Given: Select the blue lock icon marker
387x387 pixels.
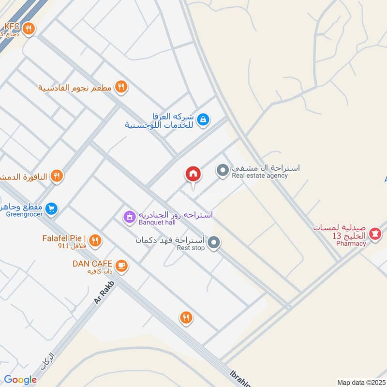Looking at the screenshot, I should coord(203,119).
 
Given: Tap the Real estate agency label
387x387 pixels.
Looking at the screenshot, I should coord(260,176).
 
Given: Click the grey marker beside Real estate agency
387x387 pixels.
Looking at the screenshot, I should coord(222,170).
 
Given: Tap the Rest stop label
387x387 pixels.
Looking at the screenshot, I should coord(191,248).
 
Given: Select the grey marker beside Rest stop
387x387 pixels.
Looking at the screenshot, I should coord(214,243).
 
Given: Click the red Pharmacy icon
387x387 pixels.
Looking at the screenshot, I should coord(374,234).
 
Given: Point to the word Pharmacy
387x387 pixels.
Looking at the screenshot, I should coord(352,243).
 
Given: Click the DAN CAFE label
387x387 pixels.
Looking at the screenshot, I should coord(92,264).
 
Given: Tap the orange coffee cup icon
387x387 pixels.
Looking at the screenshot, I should coord(121,265).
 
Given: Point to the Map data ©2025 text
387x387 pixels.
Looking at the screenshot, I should coord(360,383).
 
